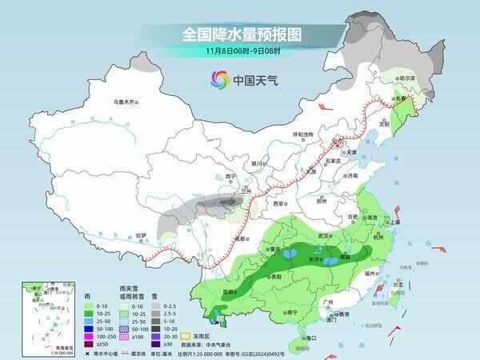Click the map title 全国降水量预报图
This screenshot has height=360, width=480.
coord(239,34)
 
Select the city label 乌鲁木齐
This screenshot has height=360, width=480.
coord(126,102)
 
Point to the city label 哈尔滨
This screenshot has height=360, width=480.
coord(408,78)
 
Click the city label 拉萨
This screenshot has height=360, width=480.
coord(141,235)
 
